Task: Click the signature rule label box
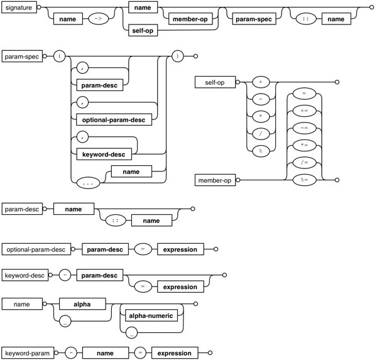click(19, 9)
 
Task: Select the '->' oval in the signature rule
click(99, 19)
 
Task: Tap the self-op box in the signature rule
click(142, 30)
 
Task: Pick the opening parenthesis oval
click(61, 57)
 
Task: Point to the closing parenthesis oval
click(178, 57)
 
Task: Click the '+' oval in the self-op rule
click(260, 82)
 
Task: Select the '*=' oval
click(304, 146)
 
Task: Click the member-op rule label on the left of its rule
click(214, 181)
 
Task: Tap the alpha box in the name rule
click(82, 304)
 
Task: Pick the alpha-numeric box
click(151, 315)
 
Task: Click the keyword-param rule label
click(26, 353)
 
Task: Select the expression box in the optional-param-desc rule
click(180, 249)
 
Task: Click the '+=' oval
click(304, 111)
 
